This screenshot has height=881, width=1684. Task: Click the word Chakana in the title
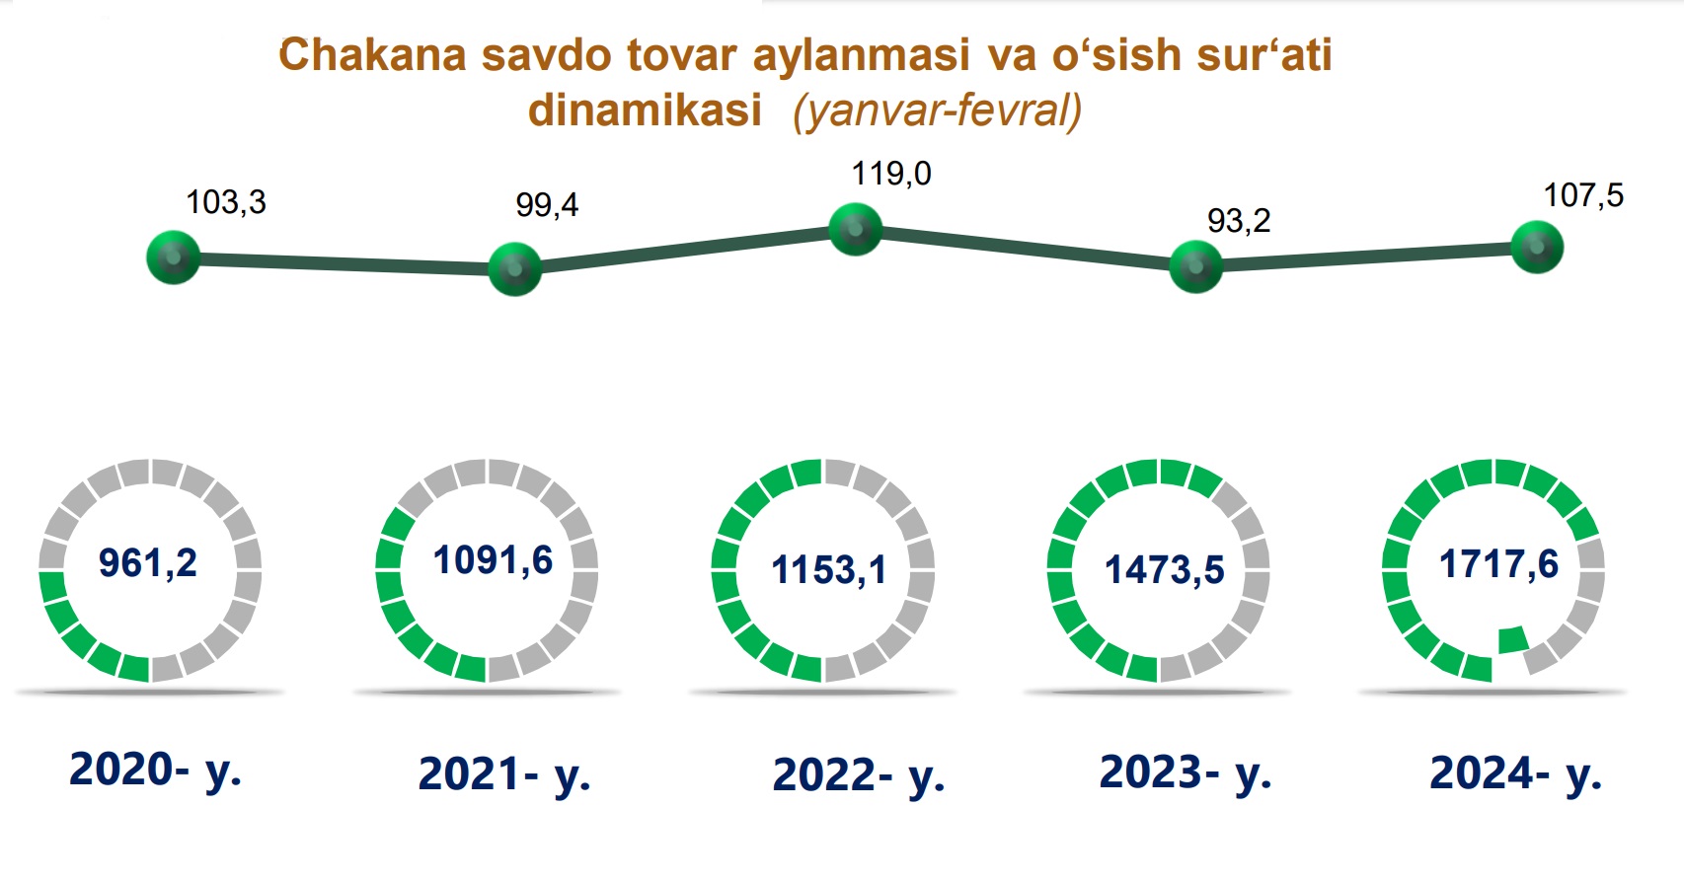pos(373,55)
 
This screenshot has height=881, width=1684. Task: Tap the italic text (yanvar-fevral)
pos(938,111)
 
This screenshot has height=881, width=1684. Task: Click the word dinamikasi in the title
pos(645,110)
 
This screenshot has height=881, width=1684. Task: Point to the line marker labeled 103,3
pos(174,257)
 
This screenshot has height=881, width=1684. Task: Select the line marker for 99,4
pos(515,269)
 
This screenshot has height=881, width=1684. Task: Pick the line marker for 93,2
pos(1196,266)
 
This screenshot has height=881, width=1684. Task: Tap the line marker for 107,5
pos(1537,247)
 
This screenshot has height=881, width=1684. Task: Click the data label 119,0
pos(891,175)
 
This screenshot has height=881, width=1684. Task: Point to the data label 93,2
pos(1239,221)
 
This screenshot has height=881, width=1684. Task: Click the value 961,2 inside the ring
pos(148,563)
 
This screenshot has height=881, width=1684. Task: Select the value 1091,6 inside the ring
pos(494,561)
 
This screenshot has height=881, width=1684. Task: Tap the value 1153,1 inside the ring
pos(829,570)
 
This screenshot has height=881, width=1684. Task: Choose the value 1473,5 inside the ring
pos(1165,570)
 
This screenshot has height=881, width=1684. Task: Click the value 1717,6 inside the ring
pos(1499,564)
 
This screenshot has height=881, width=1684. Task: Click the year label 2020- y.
pos(156,771)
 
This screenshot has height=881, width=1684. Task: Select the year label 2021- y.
pos(504,774)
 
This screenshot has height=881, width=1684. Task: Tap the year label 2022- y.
pos(859,775)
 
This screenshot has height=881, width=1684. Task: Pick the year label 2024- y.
pos(1515,772)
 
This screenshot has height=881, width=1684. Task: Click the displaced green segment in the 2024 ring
pos(1513,640)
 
